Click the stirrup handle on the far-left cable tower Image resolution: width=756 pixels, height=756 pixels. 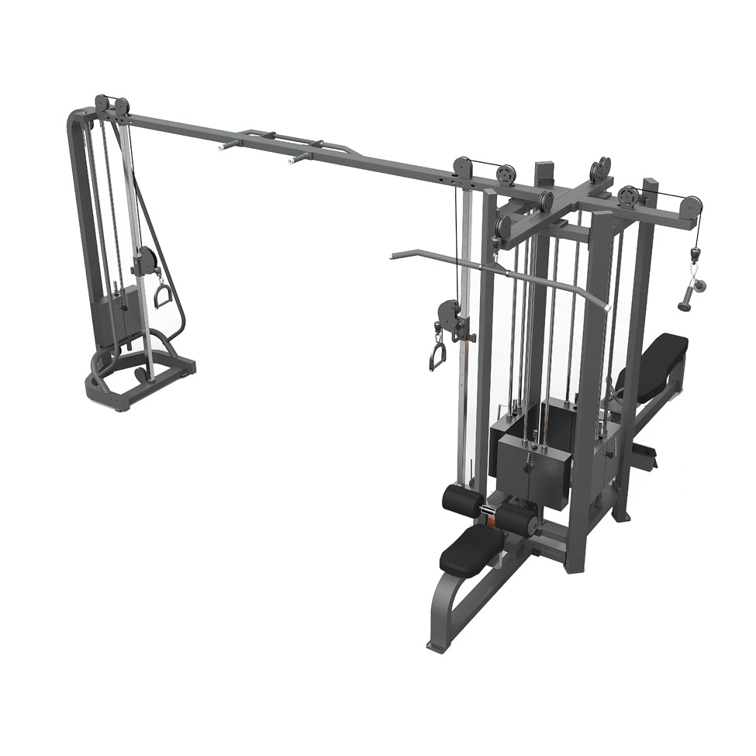[x=164, y=295]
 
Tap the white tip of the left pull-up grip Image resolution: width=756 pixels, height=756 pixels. [x=224, y=144]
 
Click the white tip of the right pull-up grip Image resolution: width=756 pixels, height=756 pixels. [x=293, y=162]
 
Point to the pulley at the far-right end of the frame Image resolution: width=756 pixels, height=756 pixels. [x=690, y=206]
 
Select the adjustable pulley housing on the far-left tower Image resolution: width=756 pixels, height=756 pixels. [x=145, y=261]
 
